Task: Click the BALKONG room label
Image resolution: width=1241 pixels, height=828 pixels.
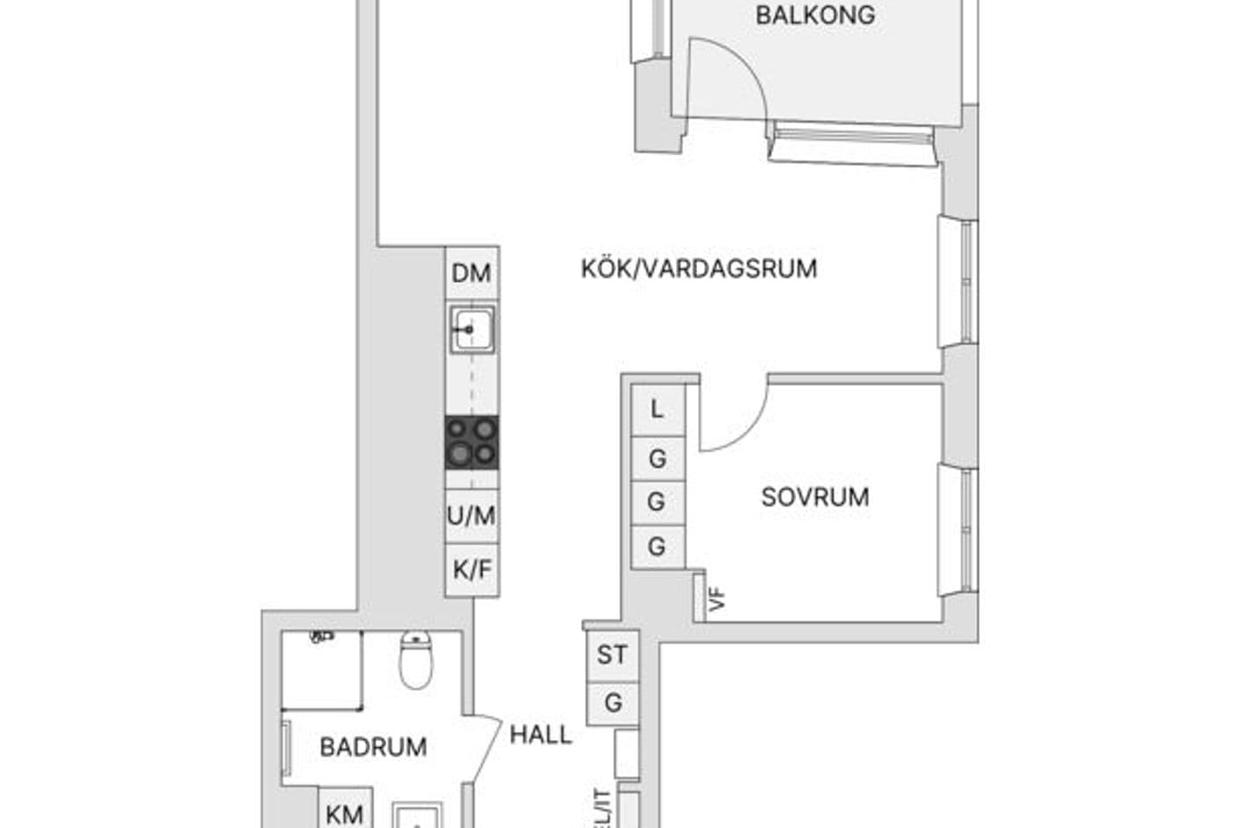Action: tap(815, 16)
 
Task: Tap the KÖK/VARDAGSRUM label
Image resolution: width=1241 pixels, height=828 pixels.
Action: tap(699, 269)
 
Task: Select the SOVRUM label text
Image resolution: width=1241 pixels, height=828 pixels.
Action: tap(815, 498)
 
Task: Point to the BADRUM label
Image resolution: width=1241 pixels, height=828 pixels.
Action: tap(373, 747)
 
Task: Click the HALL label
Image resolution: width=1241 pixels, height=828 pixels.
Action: tap(540, 735)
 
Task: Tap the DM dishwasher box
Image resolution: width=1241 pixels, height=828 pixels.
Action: tap(472, 273)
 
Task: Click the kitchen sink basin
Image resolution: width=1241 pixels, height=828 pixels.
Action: tap(472, 329)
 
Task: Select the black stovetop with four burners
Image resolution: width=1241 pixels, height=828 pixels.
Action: tap(472, 442)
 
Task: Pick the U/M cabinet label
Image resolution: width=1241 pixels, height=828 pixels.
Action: tap(472, 516)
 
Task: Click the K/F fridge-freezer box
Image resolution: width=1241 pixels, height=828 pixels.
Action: tap(472, 570)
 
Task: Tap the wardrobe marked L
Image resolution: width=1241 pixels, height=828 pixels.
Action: tap(658, 410)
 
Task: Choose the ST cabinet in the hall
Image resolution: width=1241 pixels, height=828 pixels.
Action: tap(613, 655)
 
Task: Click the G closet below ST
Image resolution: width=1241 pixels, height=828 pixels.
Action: tap(613, 703)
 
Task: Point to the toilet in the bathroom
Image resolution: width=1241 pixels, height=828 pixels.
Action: tap(415, 660)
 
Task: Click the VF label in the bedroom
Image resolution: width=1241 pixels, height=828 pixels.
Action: tap(717, 601)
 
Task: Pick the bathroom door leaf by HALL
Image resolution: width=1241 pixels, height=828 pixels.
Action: tap(486, 749)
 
